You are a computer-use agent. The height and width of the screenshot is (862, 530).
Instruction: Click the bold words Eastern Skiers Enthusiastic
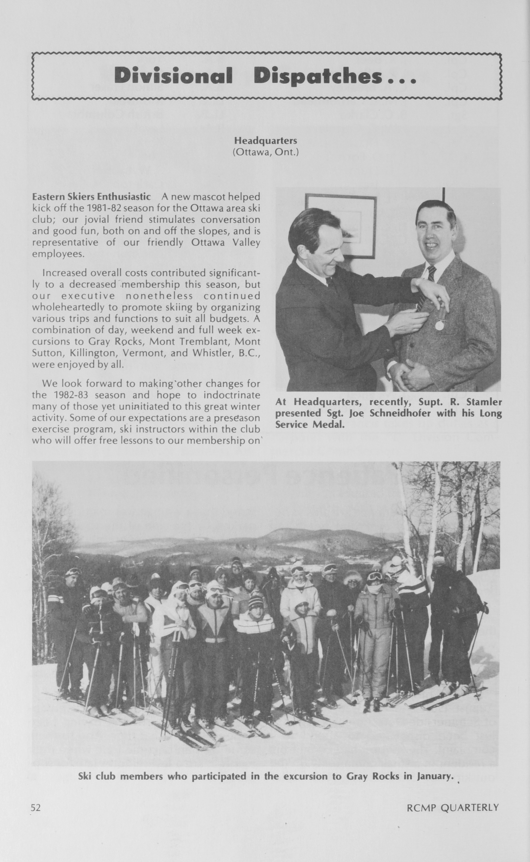pyautogui.click(x=91, y=196)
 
